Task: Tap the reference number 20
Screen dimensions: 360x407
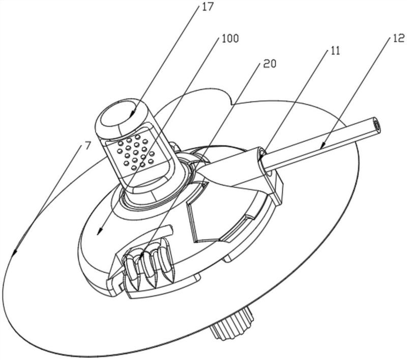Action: [271, 64]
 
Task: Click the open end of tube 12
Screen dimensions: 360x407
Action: [375, 124]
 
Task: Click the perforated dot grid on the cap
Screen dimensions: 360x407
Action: [134, 151]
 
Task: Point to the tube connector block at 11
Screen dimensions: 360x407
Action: [267, 171]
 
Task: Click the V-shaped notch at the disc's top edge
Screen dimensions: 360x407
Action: [232, 105]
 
